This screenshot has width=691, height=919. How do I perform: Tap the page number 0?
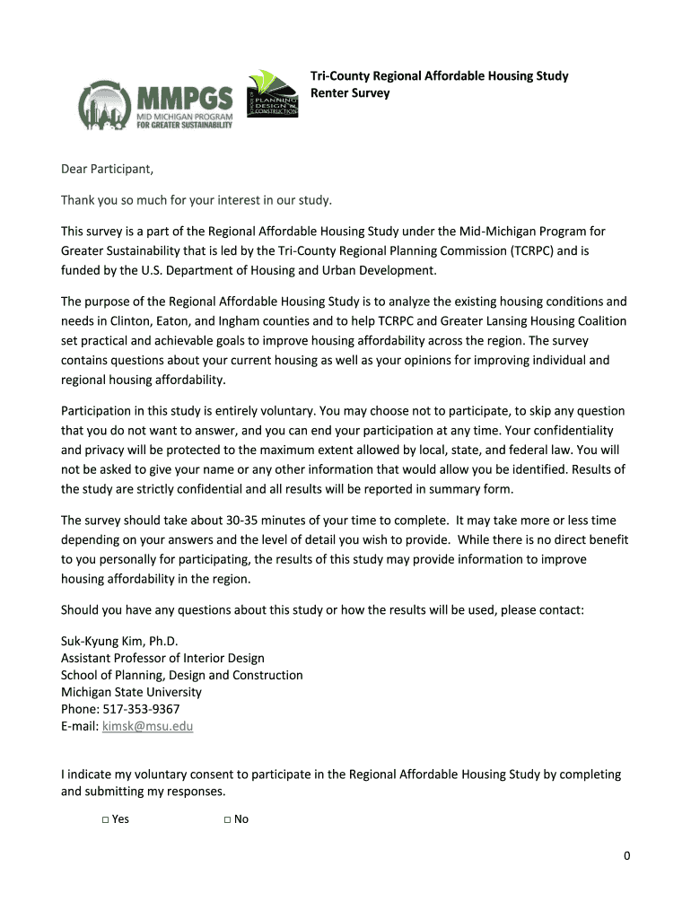(x=627, y=855)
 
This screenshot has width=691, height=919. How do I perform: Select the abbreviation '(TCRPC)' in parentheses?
(x=533, y=250)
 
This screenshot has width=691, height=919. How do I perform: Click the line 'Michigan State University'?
(x=131, y=692)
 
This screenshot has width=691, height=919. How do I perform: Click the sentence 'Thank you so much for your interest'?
(x=196, y=198)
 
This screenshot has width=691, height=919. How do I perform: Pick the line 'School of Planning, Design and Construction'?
(x=181, y=675)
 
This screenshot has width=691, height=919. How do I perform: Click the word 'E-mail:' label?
(x=80, y=726)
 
